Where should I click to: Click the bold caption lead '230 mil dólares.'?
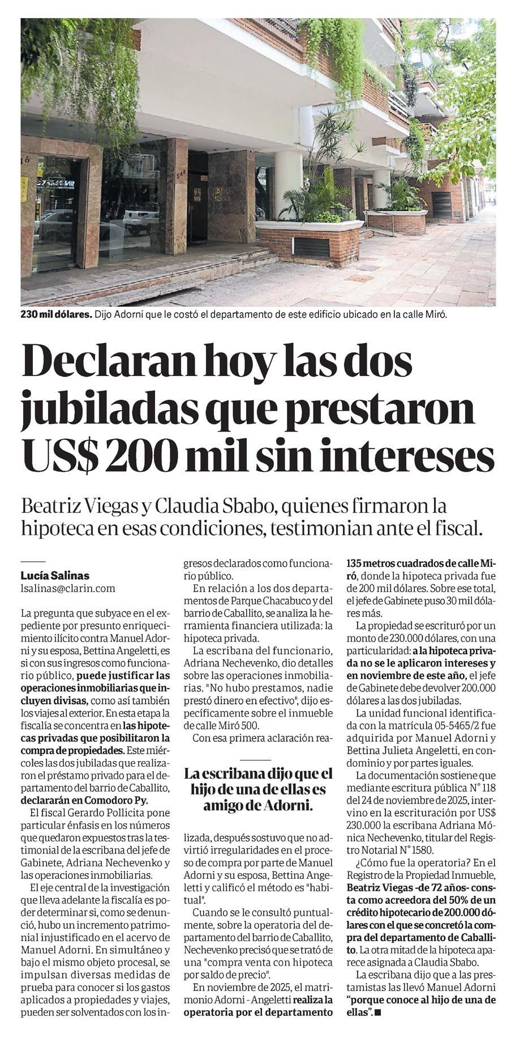(56, 315)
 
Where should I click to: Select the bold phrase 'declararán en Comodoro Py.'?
(84, 801)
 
